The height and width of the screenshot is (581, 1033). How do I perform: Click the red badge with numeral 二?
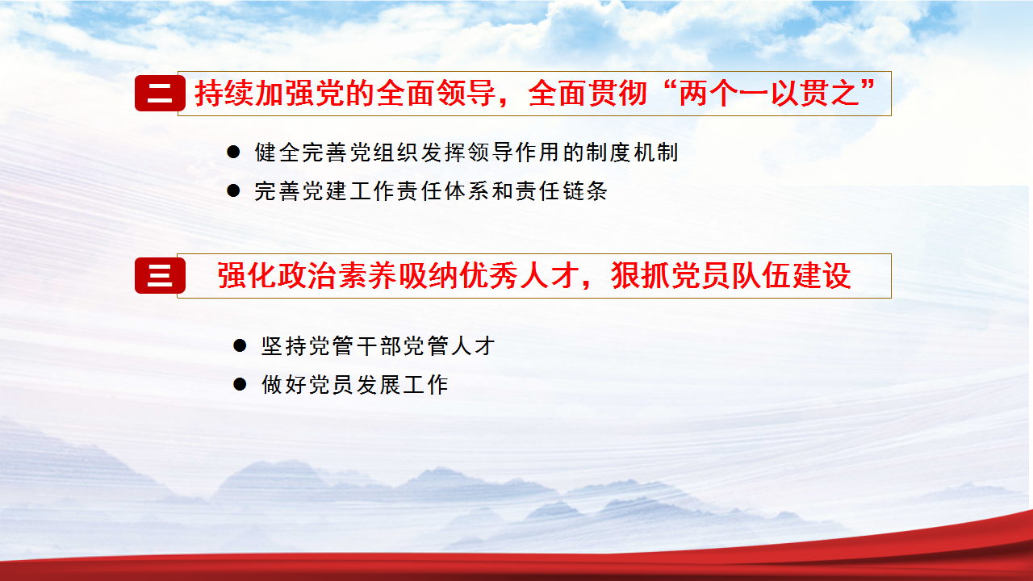tap(160, 93)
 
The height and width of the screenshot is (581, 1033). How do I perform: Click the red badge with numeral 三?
tap(160, 276)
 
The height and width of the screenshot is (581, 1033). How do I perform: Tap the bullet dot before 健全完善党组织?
tap(233, 153)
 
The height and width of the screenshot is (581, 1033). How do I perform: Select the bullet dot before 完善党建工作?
tap(233, 190)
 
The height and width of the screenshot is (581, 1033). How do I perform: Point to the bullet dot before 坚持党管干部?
tap(240, 345)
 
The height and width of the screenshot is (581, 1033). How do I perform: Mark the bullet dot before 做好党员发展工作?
tap(240, 384)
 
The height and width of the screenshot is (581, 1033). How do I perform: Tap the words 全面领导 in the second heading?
tap(436, 93)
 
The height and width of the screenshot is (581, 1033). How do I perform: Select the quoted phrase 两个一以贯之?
tap(769, 93)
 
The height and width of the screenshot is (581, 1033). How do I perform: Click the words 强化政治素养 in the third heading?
tap(307, 276)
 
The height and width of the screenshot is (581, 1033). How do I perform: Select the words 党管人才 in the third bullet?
tap(450, 346)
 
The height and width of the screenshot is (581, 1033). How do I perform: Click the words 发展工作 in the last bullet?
tap(402, 385)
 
